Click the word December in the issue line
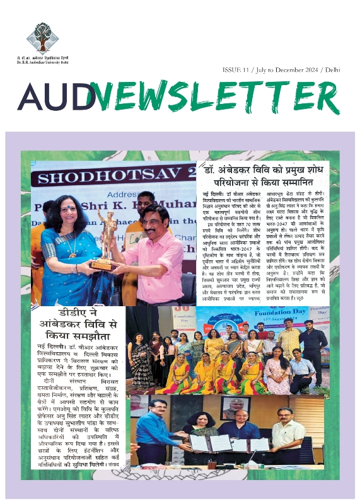tap(287, 68)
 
